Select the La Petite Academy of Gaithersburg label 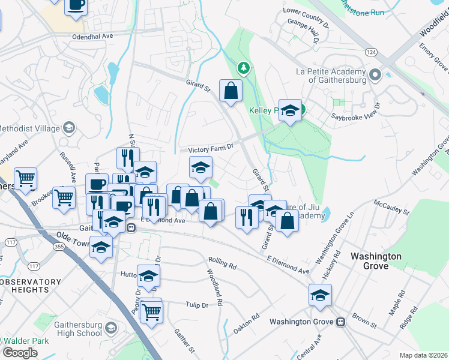tap(331, 75)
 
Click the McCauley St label tap(391, 208)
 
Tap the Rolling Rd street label tap(223, 262)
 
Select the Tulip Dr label tap(196, 305)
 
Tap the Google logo tap(19, 353)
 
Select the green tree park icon tap(243, 67)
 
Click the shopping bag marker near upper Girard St tap(231, 91)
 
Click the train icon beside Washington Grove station tap(340, 322)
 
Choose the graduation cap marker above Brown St tap(321, 295)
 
